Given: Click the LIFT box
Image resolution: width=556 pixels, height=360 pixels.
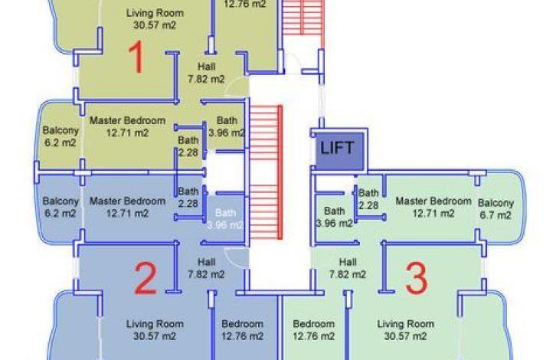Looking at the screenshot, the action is pyautogui.click(x=340, y=151).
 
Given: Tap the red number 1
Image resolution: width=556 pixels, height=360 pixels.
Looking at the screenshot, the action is pyautogui.click(x=136, y=57).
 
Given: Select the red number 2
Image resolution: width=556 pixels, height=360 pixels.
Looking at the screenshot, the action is pyautogui.click(x=146, y=278).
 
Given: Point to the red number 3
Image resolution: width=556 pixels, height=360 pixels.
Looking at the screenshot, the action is pyautogui.click(x=417, y=278).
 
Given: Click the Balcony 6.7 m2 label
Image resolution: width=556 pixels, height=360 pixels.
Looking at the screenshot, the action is pyautogui.click(x=495, y=209).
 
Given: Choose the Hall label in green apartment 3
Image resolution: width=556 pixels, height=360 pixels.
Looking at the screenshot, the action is pyautogui.click(x=348, y=268).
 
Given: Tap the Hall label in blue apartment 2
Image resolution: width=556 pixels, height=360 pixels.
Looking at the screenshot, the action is pyautogui.click(x=206, y=268).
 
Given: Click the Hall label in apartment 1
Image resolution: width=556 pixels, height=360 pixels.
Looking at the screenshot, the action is pyautogui.click(x=206, y=72).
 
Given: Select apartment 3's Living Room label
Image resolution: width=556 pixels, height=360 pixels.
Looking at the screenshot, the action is pyautogui.click(x=405, y=330).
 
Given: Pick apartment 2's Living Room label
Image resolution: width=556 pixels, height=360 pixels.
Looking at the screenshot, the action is pyautogui.click(x=155, y=330).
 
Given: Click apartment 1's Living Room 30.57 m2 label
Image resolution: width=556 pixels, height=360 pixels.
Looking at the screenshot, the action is pyautogui.click(x=155, y=19).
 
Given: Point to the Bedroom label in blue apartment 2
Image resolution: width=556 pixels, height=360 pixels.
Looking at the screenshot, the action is pyautogui.click(x=242, y=330).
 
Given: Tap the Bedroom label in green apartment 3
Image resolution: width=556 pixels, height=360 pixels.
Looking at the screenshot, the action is pyautogui.click(x=313, y=330).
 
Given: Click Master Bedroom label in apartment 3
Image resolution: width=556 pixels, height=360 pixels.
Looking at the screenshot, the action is pyautogui.click(x=433, y=207).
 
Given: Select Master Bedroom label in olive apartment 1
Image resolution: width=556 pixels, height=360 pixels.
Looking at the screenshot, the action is pyautogui.click(x=127, y=126).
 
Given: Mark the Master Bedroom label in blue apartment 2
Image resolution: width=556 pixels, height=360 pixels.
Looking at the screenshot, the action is pyautogui.click(x=127, y=207).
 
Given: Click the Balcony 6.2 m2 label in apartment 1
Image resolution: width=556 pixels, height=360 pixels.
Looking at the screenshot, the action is pyautogui.click(x=61, y=136).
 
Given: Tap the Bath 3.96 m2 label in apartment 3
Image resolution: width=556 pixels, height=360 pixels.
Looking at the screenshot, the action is pyautogui.click(x=334, y=217).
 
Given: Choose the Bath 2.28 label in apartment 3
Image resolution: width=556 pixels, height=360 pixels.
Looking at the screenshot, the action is pyautogui.click(x=368, y=199).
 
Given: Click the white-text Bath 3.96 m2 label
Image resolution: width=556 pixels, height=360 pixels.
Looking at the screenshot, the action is pyautogui.click(x=225, y=219).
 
